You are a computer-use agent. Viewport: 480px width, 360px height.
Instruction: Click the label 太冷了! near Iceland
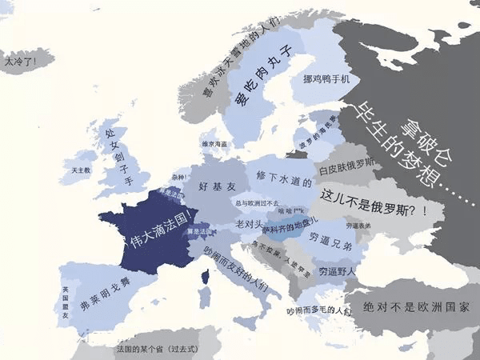(19, 59)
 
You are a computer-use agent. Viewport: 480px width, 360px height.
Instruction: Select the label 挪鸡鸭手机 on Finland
(326, 79)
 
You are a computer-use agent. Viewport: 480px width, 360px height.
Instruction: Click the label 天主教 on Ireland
(81, 170)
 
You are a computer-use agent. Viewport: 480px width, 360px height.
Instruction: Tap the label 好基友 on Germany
(215, 187)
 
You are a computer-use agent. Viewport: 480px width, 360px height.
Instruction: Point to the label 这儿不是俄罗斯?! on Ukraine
(373, 198)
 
